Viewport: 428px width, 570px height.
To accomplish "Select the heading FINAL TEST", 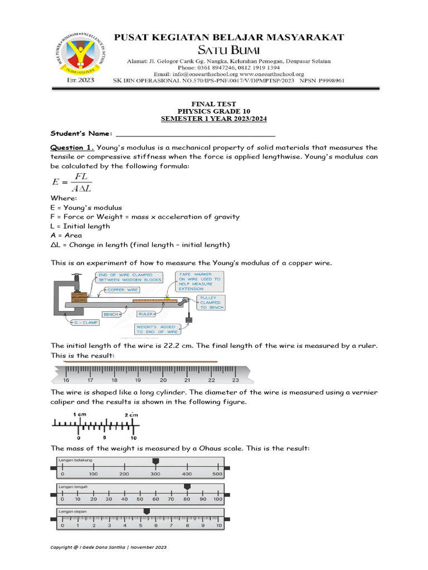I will point(213,104).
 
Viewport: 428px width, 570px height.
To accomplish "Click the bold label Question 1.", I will point(72,148).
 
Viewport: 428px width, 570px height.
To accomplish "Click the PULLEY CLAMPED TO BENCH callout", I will point(212,303).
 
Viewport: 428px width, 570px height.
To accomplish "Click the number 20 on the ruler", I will point(163,380).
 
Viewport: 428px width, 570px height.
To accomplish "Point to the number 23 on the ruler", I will point(235,380).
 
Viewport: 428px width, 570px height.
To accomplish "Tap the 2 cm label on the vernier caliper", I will point(131,415).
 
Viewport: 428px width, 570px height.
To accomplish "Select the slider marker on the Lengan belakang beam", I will point(155,461).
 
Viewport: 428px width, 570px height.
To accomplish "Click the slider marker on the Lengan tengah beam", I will point(187,487).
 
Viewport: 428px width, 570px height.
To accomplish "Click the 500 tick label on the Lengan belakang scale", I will point(218,474).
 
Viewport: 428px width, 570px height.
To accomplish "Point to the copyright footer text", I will point(109,547).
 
